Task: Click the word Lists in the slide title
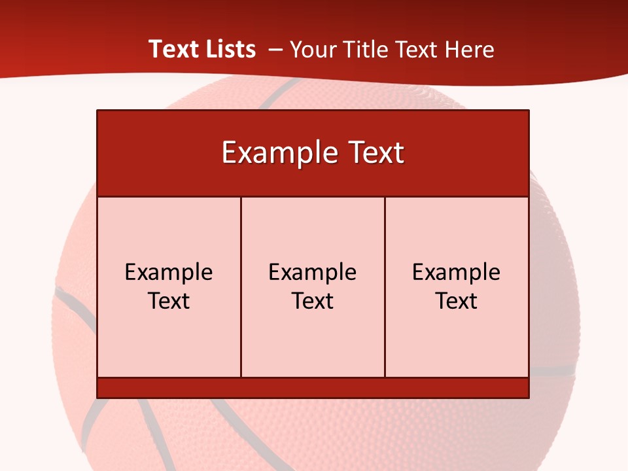pos(229,49)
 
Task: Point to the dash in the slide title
pos(275,50)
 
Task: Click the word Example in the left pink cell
pos(169,273)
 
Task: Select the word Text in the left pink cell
pos(169,301)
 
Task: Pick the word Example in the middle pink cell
pos(313,273)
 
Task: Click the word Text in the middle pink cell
pos(313,301)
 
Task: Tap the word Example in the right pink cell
pos(457,273)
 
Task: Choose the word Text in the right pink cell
pos(457,301)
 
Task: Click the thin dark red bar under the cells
pos(313,388)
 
